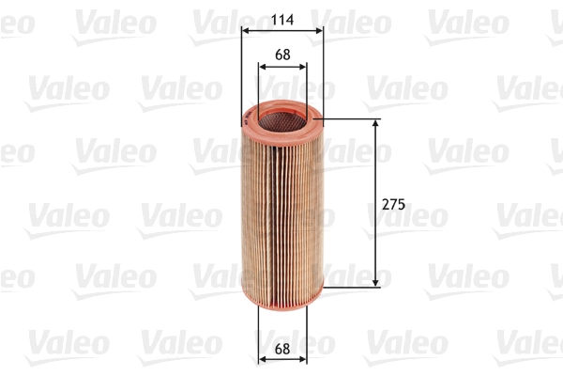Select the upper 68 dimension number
coord(281,54)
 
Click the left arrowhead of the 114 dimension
coord(247,30)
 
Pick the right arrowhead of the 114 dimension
coord(318,30)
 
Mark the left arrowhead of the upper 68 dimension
coord(262,66)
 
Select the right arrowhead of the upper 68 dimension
coord(301,66)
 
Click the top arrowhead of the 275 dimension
coord(376,125)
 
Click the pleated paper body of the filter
coord(281,207)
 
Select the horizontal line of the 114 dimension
coord(281,30)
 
